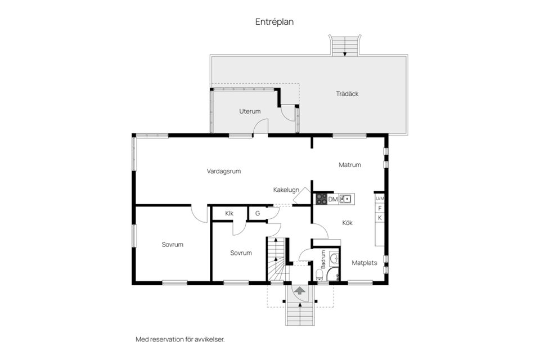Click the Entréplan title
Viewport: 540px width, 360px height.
pyautogui.click(x=274, y=22)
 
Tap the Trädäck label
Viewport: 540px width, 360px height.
pyautogui.click(x=347, y=93)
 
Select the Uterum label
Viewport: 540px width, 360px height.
pyautogui.click(x=250, y=111)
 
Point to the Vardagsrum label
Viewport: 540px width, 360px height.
pyautogui.click(x=224, y=172)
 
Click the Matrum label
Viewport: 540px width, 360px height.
pyautogui.click(x=349, y=165)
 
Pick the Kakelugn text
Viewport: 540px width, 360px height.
pyautogui.click(x=286, y=190)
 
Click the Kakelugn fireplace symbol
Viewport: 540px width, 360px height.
pyautogui.click(x=304, y=193)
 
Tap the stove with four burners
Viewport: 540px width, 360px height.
pyautogui.click(x=321, y=199)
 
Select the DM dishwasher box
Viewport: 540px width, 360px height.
pyautogui.click(x=333, y=199)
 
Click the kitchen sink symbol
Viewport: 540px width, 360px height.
pyautogui.click(x=346, y=199)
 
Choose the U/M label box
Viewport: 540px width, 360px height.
pyautogui.click(x=380, y=199)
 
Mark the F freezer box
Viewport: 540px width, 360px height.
pyautogui.click(x=380, y=208)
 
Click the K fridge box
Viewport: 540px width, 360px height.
pyautogui.click(x=380, y=218)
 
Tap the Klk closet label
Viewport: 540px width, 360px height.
pyautogui.click(x=229, y=213)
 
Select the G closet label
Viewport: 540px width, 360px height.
pyautogui.click(x=257, y=213)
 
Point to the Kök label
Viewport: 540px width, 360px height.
pyautogui.click(x=347, y=223)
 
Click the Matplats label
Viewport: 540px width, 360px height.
pyautogui.click(x=364, y=263)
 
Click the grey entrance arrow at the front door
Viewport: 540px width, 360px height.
pyautogui.click(x=300, y=290)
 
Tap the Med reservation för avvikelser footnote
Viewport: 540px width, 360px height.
pyautogui.click(x=184, y=339)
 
